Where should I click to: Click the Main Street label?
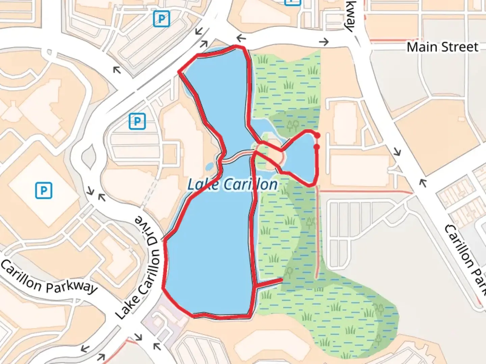(x=442, y=47)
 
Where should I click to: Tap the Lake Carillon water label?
(x=233, y=184)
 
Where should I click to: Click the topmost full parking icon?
(x=161, y=19)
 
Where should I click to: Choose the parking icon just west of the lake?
(x=137, y=121)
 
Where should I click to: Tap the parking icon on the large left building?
(x=44, y=190)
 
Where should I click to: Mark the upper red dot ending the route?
(x=317, y=135)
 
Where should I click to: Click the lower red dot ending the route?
(x=317, y=147)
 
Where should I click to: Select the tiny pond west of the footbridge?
(x=210, y=166)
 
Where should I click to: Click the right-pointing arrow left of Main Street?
(x=324, y=42)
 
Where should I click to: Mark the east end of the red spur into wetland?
(x=282, y=280)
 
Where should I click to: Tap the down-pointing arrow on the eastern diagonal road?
(x=398, y=152)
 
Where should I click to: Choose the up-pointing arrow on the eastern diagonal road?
(x=423, y=182)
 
